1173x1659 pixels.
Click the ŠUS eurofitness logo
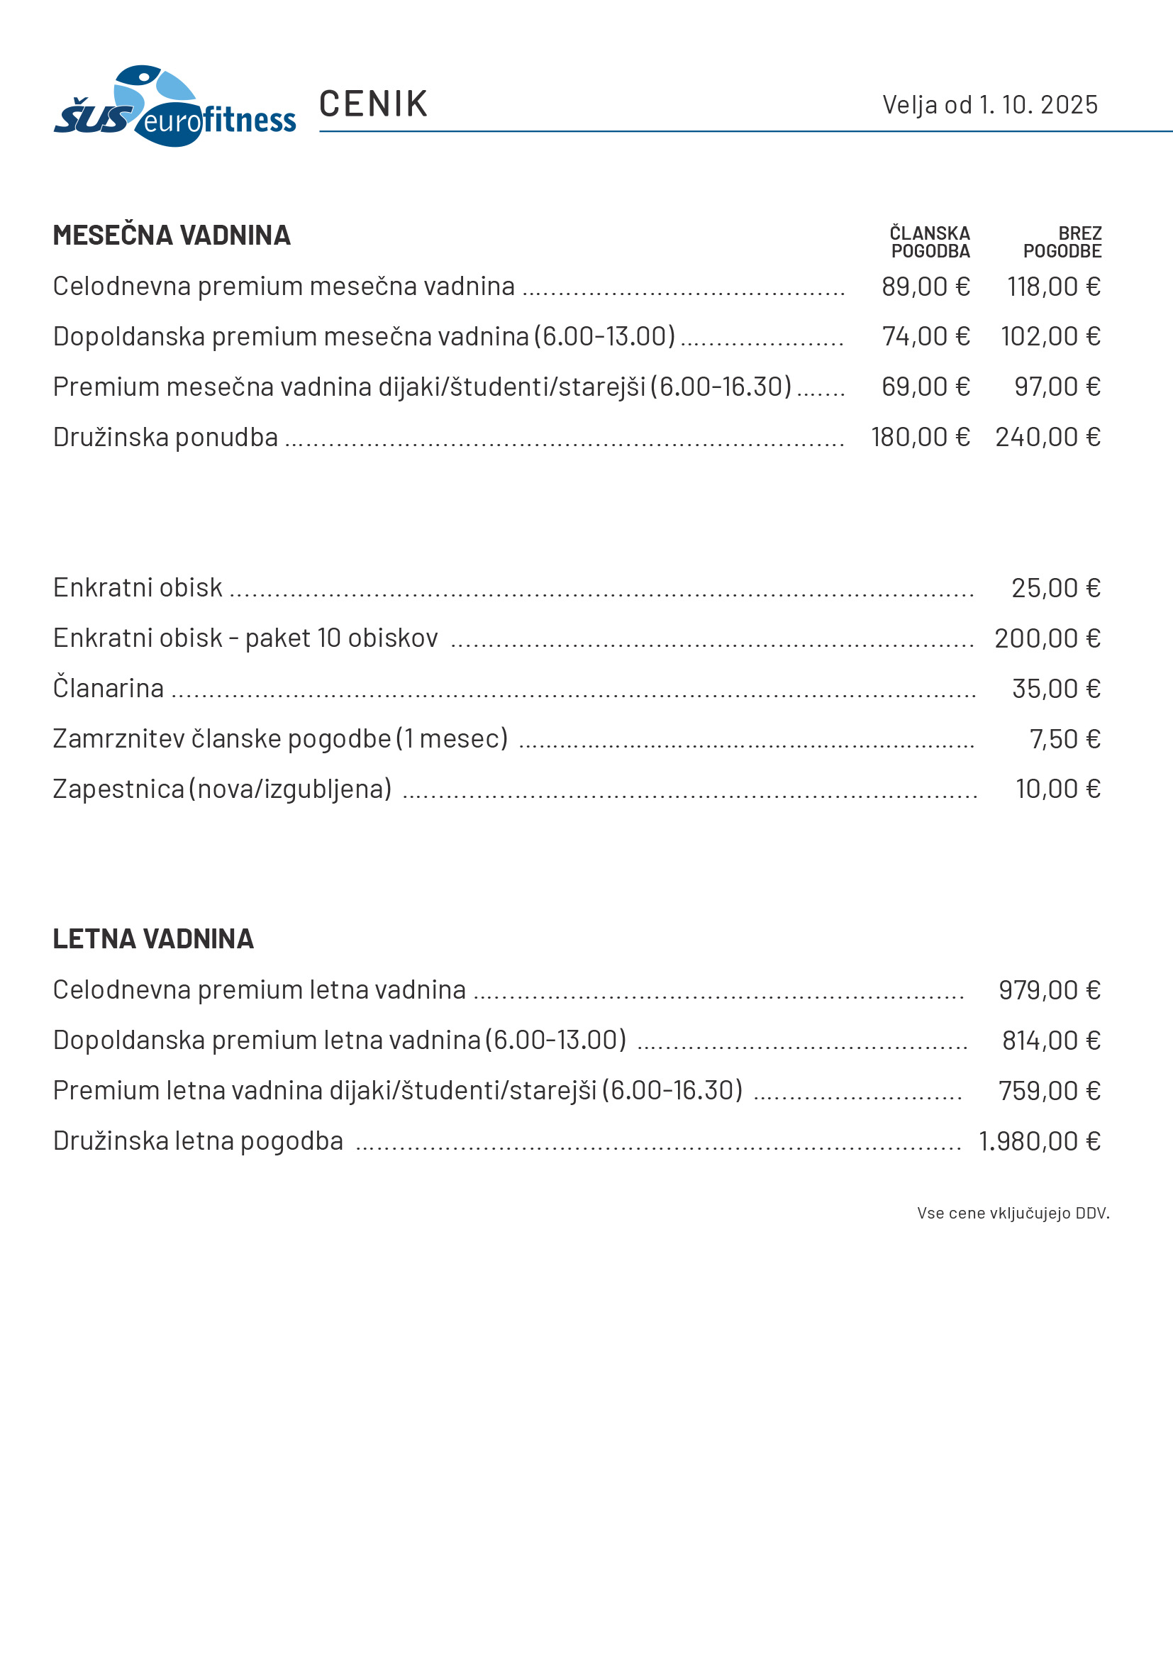[174, 107]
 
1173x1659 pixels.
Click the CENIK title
[374, 104]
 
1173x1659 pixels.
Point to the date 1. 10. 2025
[1038, 105]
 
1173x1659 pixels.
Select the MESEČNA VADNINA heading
[171, 235]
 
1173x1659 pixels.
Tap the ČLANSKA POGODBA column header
[930, 242]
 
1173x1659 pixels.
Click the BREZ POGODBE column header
[1062, 242]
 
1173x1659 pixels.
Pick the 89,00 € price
[925, 287]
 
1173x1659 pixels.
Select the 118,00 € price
[1054, 287]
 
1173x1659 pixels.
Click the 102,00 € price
[1050, 337]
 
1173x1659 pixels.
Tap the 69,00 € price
[925, 387]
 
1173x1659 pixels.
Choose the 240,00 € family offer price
[1047, 437]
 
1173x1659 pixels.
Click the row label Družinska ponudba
[165, 437]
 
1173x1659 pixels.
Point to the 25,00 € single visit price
[1055, 588]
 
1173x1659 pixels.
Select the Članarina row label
[109, 688]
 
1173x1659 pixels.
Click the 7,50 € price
[1064, 739]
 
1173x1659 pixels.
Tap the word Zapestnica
[118, 789]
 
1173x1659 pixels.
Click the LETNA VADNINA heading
[153, 939]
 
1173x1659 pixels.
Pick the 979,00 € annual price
[1049, 990]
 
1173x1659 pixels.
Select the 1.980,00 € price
[1039, 1141]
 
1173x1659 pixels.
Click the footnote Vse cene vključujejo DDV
[1013, 1213]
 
